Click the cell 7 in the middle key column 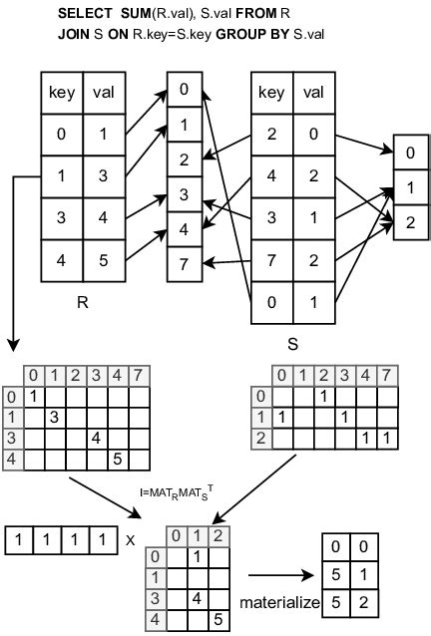(x=183, y=263)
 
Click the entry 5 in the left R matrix (x=117, y=459)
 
